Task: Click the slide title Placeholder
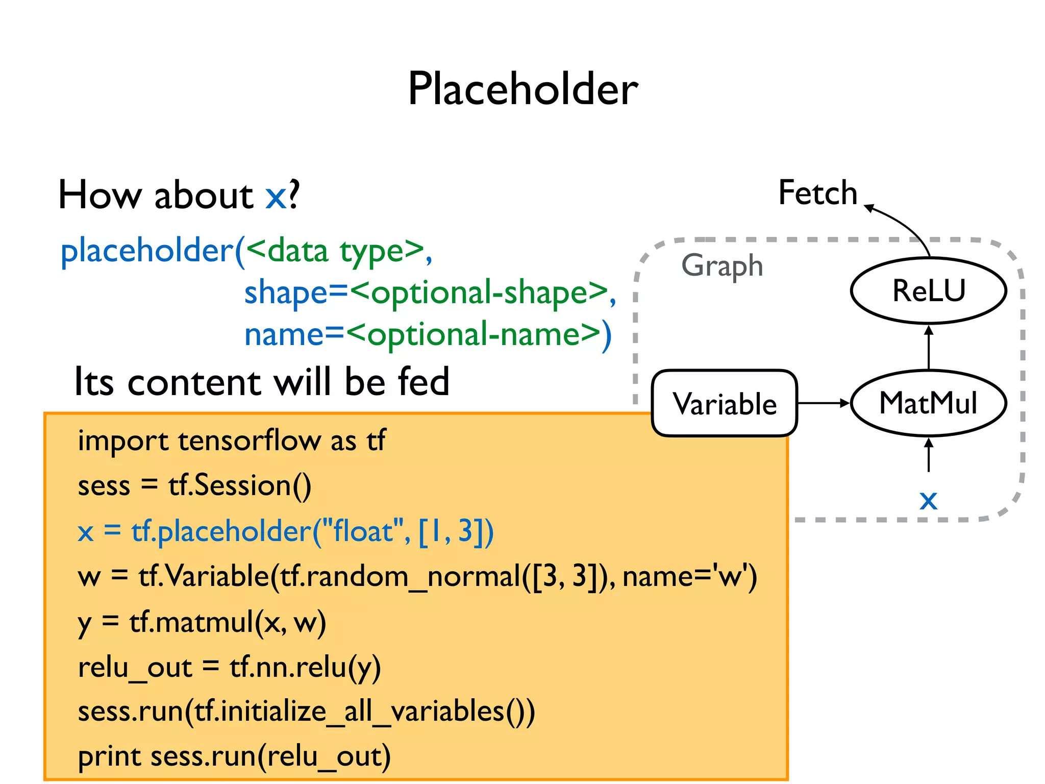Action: (522, 89)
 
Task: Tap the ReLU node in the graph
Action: (928, 290)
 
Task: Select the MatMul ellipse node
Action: (928, 403)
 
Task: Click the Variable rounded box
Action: (724, 403)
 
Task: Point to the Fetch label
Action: (817, 193)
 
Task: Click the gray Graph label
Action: (721, 265)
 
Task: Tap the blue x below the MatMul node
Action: (928, 500)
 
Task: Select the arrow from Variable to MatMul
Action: (823, 403)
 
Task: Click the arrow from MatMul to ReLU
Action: (928, 347)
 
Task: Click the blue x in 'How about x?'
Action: (276, 195)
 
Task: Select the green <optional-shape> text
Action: (480, 293)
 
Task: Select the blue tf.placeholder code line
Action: (286, 531)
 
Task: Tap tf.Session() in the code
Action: (240, 485)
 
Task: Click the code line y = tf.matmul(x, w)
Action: (202, 622)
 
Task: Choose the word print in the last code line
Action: (109, 756)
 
